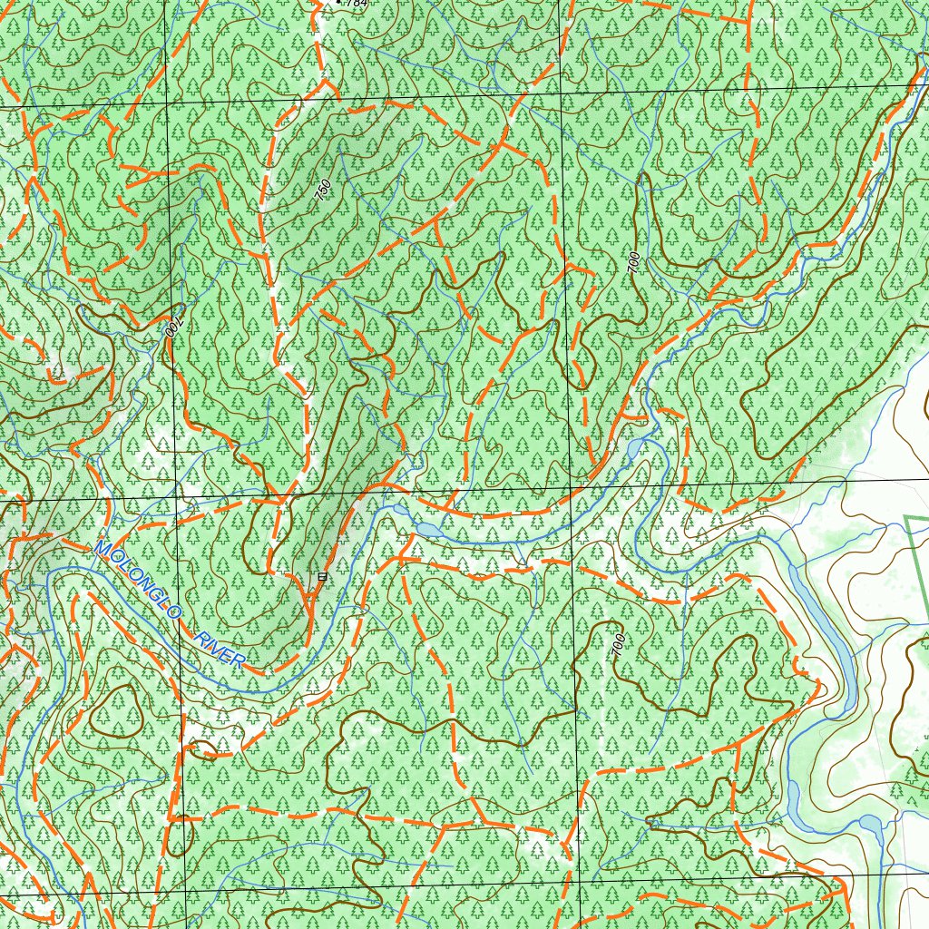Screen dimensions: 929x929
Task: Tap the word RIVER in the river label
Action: click(219, 648)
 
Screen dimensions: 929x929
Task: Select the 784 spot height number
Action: click(357, 4)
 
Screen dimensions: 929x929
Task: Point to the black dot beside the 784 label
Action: click(339, 2)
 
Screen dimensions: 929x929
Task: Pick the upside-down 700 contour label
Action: click(175, 324)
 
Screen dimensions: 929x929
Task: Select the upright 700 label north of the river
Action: click(633, 262)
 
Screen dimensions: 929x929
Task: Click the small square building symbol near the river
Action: click(321, 576)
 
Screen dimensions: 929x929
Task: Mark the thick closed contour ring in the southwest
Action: click(116, 710)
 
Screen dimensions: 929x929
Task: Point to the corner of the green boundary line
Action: click(906, 518)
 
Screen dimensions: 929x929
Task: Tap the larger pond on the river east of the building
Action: click(426, 528)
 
